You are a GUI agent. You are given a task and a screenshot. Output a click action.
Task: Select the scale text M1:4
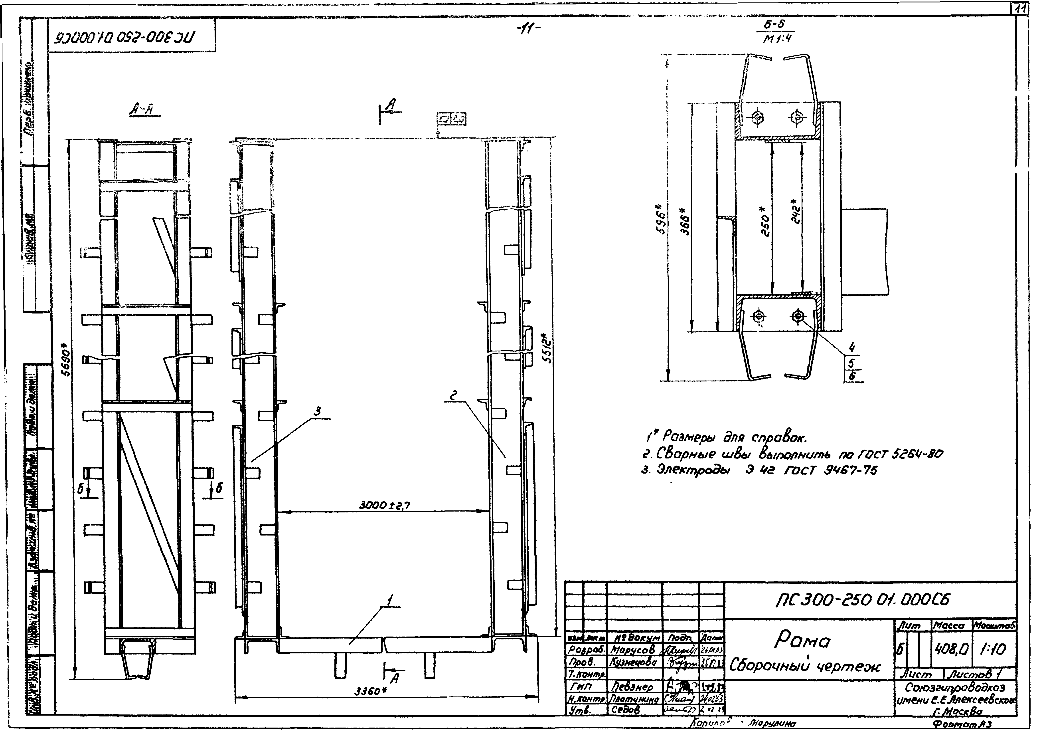777,39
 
